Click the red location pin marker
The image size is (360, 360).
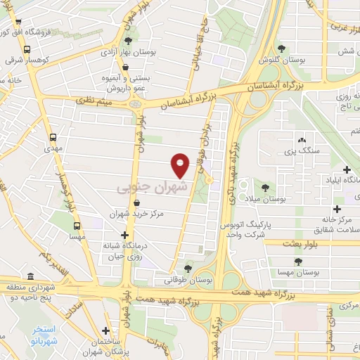(x=181, y=166)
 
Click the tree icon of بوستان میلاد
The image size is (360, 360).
(x=265, y=188)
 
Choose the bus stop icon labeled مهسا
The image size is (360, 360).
(x=77, y=226)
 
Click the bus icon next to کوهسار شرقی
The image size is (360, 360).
(x=27, y=50)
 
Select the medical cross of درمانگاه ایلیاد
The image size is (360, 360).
(x=347, y=169)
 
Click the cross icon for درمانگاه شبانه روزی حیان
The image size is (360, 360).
(x=125, y=235)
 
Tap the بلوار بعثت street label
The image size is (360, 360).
(x=301, y=243)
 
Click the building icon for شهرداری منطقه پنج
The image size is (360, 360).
(x=30, y=276)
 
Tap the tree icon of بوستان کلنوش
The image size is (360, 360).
(x=282, y=48)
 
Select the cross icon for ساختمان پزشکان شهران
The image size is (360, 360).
(x=105, y=330)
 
